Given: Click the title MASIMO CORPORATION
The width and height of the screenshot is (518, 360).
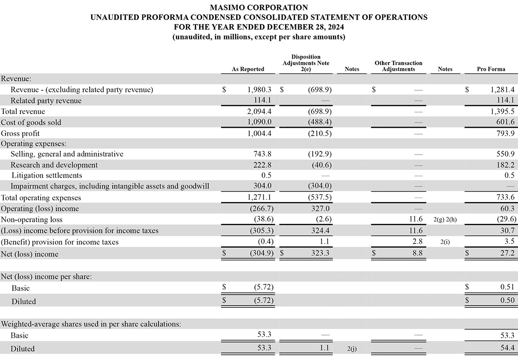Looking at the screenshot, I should (x=259, y=7).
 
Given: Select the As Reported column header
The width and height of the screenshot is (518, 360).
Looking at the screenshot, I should (x=248, y=69).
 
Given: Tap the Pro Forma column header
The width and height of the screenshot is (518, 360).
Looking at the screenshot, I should (x=491, y=69).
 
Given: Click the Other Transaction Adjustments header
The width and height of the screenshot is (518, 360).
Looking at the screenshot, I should (x=398, y=66).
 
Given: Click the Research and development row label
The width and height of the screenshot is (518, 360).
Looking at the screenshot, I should (x=54, y=165).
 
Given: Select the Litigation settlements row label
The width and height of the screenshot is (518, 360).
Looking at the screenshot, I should (x=46, y=175).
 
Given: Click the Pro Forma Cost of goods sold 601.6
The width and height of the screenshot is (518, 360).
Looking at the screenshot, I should (x=505, y=122).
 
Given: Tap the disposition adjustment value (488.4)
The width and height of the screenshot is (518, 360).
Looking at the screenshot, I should (x=320, y=122).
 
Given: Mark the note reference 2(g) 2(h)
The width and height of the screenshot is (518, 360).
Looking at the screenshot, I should (x=445, y=220).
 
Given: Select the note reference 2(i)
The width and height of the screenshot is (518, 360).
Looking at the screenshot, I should (x=445, y=242).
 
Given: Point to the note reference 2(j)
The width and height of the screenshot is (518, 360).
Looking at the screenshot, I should (x=352, y=348).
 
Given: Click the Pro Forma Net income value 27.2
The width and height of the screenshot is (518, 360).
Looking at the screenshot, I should (x=507, y=253).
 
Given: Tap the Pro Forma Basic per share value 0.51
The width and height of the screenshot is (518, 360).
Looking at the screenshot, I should (x=507, y=287).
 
